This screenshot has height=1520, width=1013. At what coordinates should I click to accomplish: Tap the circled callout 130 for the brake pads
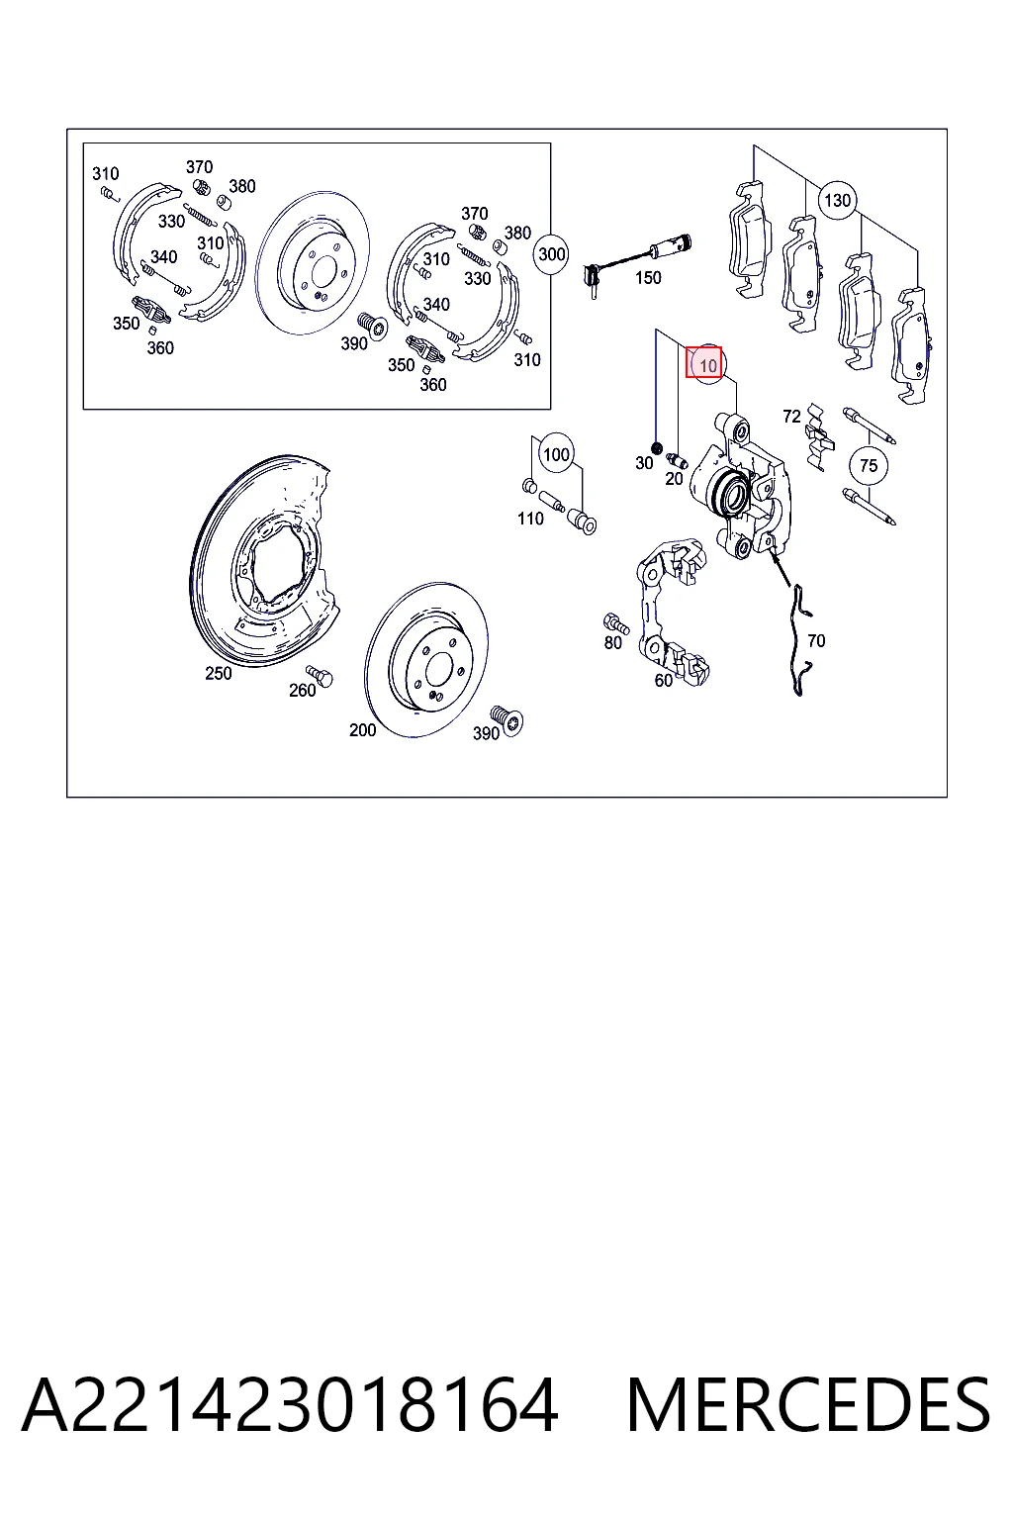837,200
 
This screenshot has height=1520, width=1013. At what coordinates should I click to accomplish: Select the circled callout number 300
551,253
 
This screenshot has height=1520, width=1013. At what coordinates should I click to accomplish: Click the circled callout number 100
556,454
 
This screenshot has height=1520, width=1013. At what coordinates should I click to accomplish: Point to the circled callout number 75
869,465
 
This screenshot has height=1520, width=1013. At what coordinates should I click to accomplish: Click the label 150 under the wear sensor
648,277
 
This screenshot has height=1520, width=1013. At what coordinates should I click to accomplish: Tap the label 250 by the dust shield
219,673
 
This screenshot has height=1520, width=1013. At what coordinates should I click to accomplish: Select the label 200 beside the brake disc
362,729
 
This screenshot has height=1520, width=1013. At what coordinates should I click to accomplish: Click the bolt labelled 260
320,676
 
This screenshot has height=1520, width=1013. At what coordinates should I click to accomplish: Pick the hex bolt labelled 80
614,622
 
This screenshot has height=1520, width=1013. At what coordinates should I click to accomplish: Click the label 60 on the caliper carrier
663,680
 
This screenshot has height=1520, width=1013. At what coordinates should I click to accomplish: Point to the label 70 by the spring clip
816,640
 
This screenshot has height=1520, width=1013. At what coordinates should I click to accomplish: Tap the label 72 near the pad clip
791,416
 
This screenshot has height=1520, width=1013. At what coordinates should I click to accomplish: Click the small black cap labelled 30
656,447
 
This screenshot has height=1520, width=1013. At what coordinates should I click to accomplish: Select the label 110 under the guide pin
530,519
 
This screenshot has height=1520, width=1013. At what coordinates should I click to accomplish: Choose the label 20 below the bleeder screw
674,478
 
